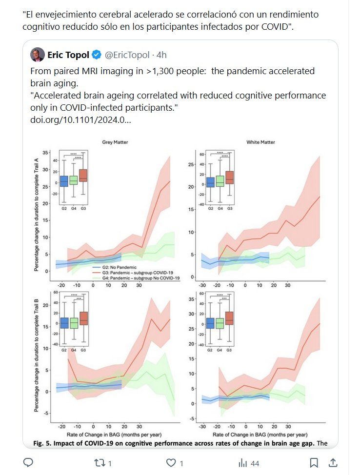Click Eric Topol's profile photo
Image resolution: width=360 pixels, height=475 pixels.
(x=37, y=54)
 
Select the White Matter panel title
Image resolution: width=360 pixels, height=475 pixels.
(x=261, y=142)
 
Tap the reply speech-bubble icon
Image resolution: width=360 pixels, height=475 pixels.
(x=28, y=462)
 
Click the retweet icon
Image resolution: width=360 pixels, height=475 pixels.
(x=100, y=462)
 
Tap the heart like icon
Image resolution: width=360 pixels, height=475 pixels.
(x=171, y=462)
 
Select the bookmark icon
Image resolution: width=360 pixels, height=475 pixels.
(x=314, y=462)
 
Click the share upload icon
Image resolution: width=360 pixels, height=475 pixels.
(x=333, y=462)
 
